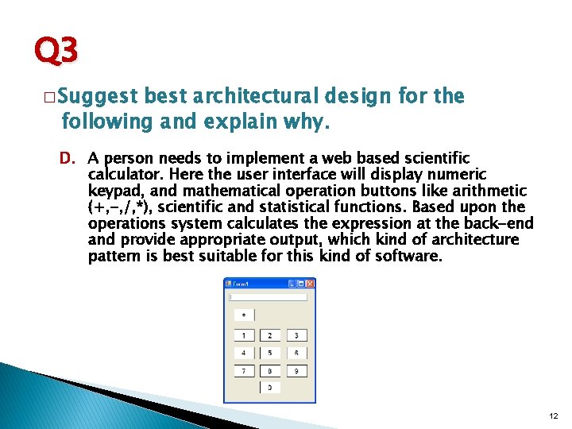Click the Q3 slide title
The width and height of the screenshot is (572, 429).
coord(56,52)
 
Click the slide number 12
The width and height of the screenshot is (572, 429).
coord(553,415)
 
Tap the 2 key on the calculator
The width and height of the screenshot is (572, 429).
coord(270,336)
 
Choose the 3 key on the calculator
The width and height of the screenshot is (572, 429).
coord(296,336)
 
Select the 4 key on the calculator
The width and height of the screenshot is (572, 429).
coord(244,353)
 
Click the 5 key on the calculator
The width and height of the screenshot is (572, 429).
coord(270,353)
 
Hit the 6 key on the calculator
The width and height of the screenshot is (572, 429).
coord(296,353)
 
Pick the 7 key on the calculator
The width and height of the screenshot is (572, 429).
coord(244,370)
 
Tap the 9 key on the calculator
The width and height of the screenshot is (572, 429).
coord(296,370)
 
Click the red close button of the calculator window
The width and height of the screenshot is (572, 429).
coord(311,284)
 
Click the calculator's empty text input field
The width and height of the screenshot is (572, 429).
coord(269,297)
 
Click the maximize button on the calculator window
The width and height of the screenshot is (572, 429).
coord(301,284)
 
